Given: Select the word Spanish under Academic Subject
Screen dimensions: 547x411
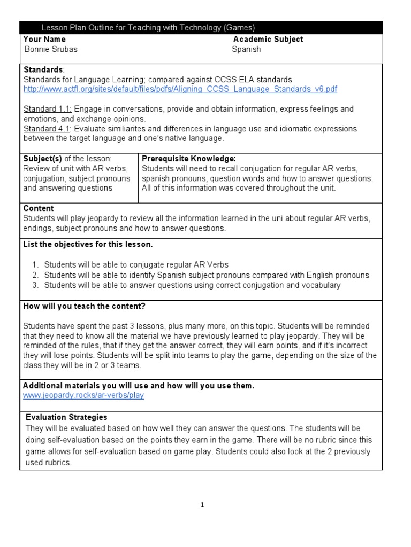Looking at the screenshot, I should click(246, 49).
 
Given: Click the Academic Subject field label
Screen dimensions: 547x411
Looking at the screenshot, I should click(268, 39).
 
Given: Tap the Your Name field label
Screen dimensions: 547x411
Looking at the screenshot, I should click(45, 39).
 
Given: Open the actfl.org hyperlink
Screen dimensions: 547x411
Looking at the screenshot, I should click(180, 89).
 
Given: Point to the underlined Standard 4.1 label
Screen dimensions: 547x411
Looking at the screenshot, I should click(41, 129).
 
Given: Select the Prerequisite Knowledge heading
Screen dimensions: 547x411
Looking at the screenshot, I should click(189, 158).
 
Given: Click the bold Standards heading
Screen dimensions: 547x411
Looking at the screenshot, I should click(43, 69).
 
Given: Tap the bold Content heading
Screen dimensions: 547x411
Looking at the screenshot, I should click(39, 208).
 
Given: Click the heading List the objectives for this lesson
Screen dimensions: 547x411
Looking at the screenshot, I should click(88, 244).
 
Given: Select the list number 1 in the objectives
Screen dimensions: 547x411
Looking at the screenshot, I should click(35, 264).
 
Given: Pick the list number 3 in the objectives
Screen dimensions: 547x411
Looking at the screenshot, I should click(35, 285).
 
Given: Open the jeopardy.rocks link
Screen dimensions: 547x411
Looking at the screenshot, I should click(83, 395).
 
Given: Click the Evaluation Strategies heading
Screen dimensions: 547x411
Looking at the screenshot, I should click(66, 417).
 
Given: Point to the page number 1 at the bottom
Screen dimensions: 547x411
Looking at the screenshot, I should click(202, 505).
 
